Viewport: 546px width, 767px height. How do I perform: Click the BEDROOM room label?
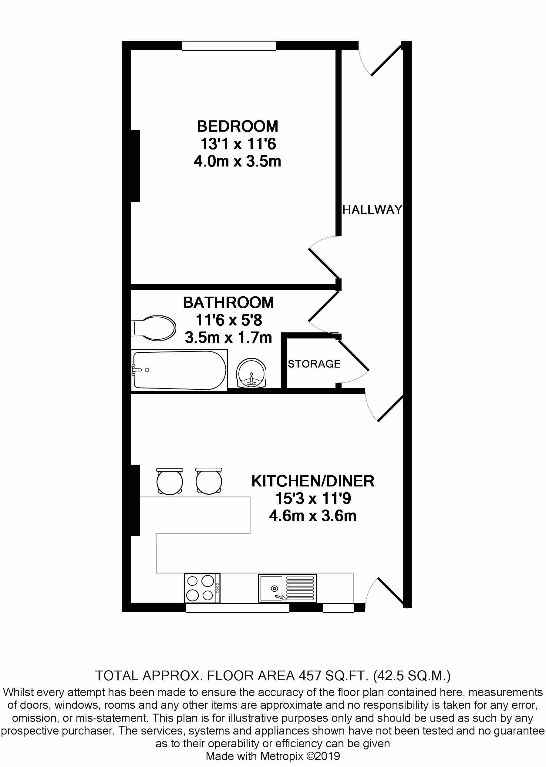pos(238,126)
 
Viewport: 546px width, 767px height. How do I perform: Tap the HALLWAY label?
pos(372,210)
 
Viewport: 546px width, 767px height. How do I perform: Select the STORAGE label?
pos(314,364)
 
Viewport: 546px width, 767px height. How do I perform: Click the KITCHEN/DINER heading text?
pos(313,481)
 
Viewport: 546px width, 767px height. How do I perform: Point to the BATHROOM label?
pos(229,302)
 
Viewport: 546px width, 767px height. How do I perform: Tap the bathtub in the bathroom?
pos(180,370)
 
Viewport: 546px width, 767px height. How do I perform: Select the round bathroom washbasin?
pos(251,373)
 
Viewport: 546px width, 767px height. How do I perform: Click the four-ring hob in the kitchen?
pos(202,588)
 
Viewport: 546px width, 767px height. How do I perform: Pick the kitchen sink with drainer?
pos(288,588)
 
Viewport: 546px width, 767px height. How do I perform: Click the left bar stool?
pos(170,481)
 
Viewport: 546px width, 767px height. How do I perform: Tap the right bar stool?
pos(208,481)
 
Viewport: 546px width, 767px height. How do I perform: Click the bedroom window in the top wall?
pos(229,45)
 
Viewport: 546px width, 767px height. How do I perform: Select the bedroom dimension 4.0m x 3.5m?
pos(238,161)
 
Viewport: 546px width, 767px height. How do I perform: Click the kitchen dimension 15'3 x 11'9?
pos(313,499)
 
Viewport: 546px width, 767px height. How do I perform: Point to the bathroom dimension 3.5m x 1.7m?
pos(229,337)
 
